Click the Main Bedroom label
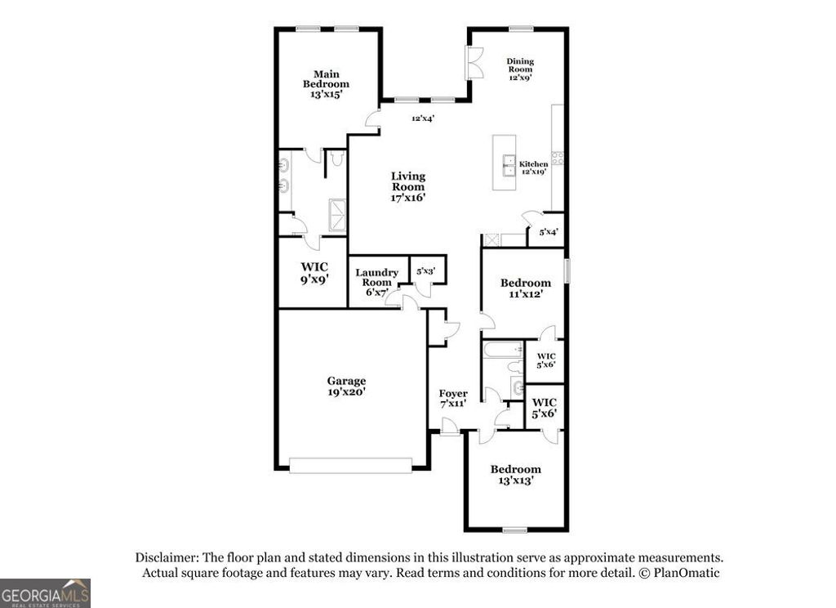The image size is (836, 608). click(326, 79)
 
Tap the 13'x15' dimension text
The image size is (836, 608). click(326, 95)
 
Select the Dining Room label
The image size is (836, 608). click(519, 65)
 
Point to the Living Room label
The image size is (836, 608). click(407, 181)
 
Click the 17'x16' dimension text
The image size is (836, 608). click(407, 197)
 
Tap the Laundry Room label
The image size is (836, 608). click(376, 277)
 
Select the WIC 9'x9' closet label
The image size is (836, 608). click(313, 273)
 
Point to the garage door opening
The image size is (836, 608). click(351, 465)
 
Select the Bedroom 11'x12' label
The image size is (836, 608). click(525, 288)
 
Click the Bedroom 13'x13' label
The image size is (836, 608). click(515, 475)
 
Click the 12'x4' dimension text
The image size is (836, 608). click(422, 118)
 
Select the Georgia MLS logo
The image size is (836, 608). click(45, 592)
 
